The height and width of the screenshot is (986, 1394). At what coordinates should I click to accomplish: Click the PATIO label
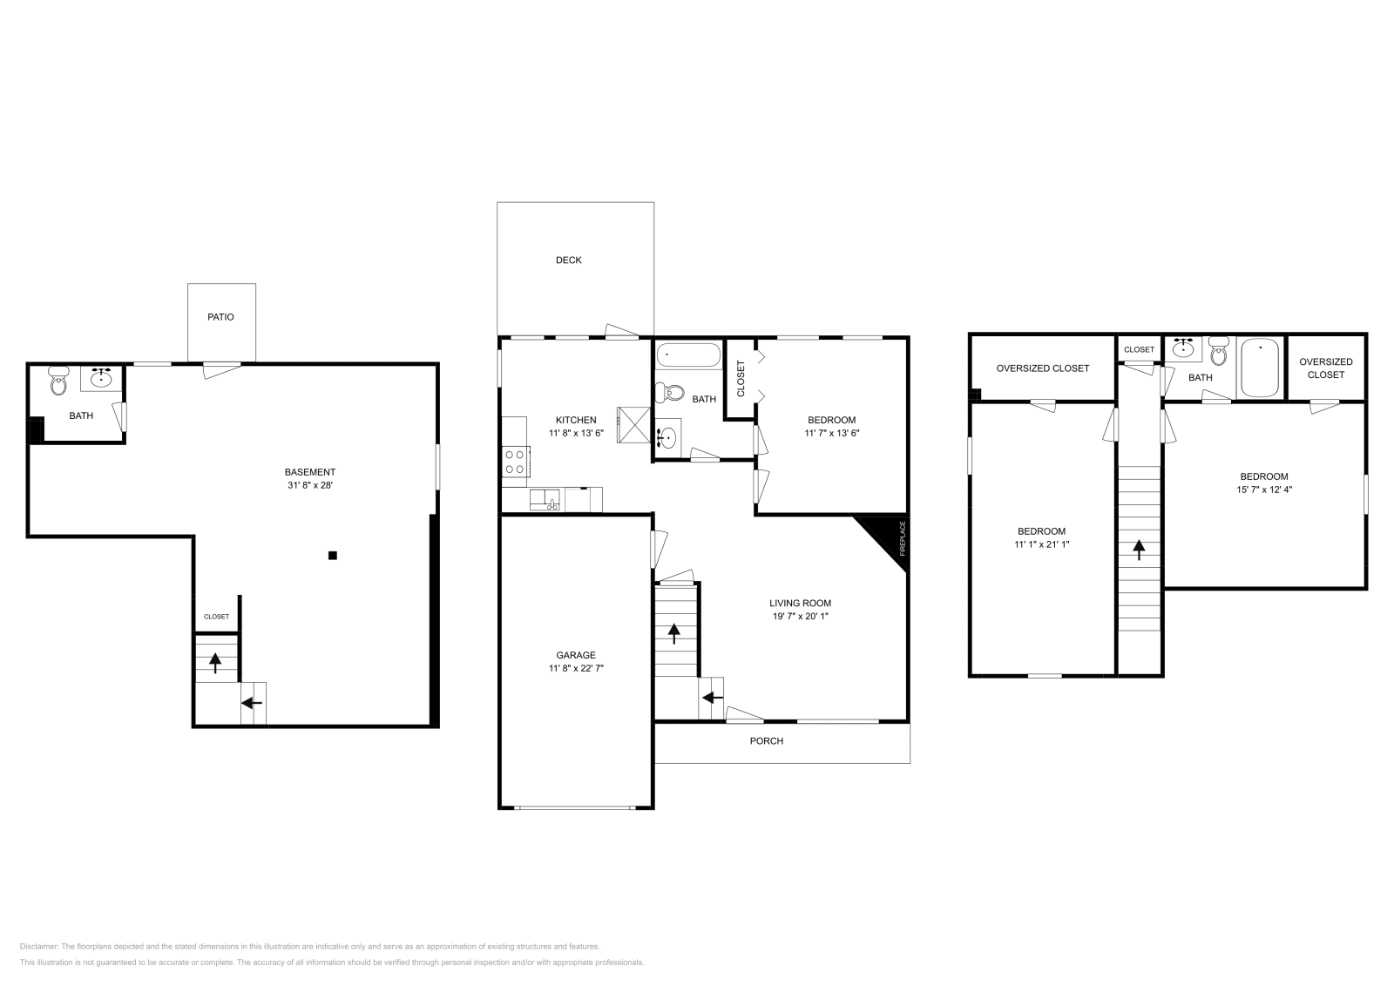coord(220,317)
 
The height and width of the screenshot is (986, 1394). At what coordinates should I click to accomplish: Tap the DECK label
coord(568,260)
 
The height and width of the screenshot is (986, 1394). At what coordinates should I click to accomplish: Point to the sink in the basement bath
coord(103,378)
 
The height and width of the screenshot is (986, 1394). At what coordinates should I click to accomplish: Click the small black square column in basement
coord(332,555)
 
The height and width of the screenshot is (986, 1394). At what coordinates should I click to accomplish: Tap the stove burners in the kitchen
coord(515,461)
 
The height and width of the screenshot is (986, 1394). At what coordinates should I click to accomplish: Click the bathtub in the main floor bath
coord(688,355)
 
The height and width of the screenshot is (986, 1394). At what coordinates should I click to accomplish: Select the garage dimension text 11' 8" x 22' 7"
coord(576,668)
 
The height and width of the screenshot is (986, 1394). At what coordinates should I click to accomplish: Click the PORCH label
coord(767,741)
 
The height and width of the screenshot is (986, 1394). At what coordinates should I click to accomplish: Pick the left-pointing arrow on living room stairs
coord(712,697)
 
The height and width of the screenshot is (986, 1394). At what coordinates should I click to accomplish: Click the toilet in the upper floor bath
coord(1219,352)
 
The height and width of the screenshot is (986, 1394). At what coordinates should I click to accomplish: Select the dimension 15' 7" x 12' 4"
coord(1264,490)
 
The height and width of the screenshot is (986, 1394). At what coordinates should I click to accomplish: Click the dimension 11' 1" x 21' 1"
coord(1041,544)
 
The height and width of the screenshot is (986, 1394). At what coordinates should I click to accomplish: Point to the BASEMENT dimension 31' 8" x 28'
coord(310,485)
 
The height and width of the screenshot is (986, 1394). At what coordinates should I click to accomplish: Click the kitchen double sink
coord(547,500)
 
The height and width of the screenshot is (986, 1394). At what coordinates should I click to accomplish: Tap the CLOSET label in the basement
coord(216,617)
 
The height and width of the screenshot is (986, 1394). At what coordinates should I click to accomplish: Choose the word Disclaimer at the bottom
coord(38,946)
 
